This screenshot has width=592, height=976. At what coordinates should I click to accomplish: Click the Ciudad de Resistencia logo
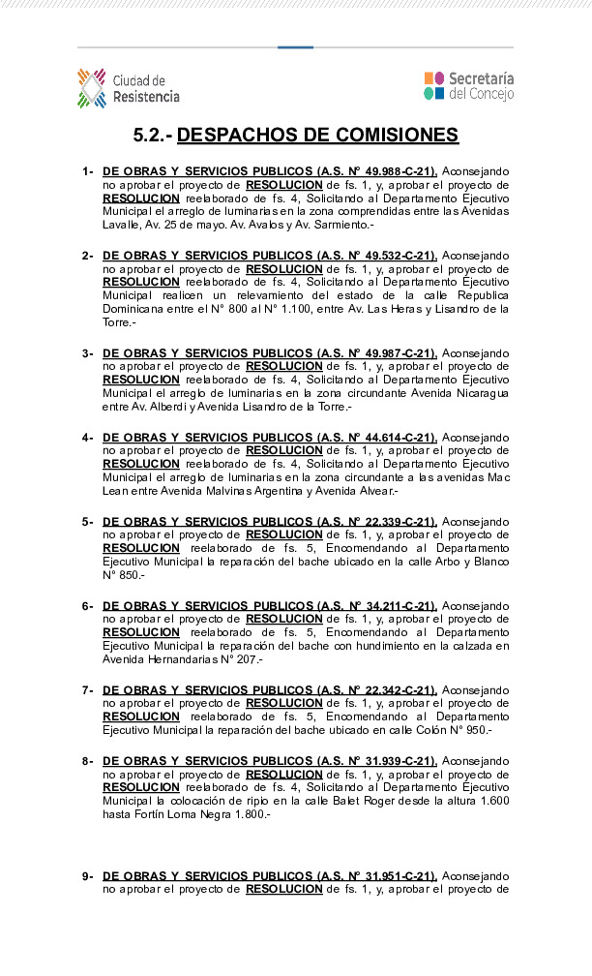[128, 88]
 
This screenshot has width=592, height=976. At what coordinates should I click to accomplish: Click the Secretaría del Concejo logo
[468, 85]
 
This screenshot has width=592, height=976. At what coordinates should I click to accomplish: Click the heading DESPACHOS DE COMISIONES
[317, 135]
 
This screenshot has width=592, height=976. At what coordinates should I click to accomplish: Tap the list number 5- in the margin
[87, 522]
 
